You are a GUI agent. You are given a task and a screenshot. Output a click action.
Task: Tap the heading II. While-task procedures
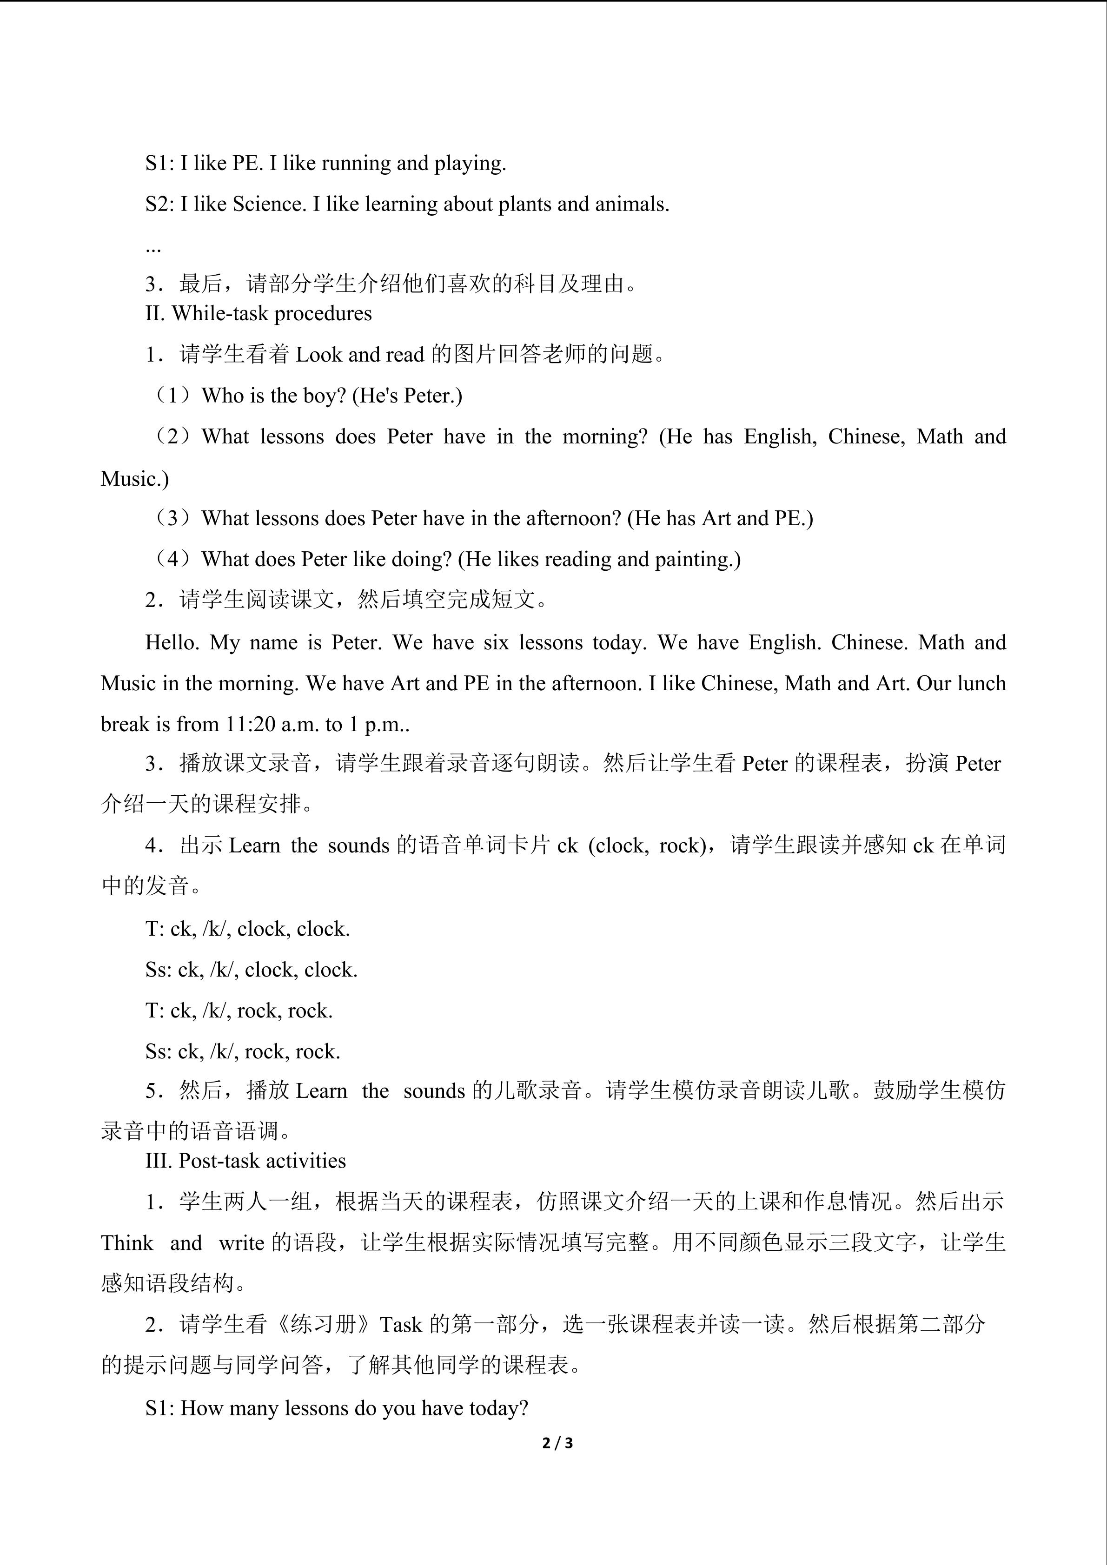point(259,314)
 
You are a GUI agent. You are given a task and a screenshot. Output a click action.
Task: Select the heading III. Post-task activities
point(245,1161)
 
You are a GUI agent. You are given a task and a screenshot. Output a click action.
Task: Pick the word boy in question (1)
point(320,396)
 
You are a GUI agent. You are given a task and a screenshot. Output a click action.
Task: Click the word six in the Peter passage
point(496,643)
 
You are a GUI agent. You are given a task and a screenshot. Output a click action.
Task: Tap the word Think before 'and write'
point(127,1242)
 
